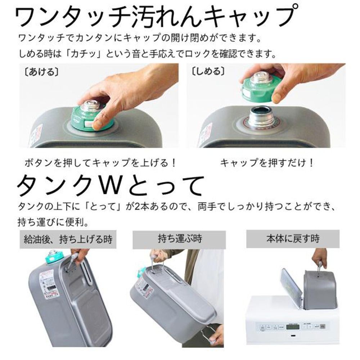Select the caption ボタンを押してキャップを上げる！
(101, 163)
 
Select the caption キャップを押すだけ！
(267, 163)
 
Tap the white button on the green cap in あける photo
(87, 123)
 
